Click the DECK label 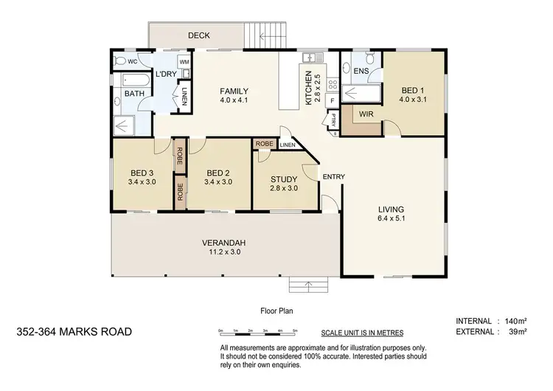coord(198,35)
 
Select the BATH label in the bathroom coord(133,94)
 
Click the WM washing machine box coord(184,62)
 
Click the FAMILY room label coord(234,91)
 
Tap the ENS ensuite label coord(361,71)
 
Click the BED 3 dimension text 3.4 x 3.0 coord(142,181)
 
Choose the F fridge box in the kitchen coord(332,100)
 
